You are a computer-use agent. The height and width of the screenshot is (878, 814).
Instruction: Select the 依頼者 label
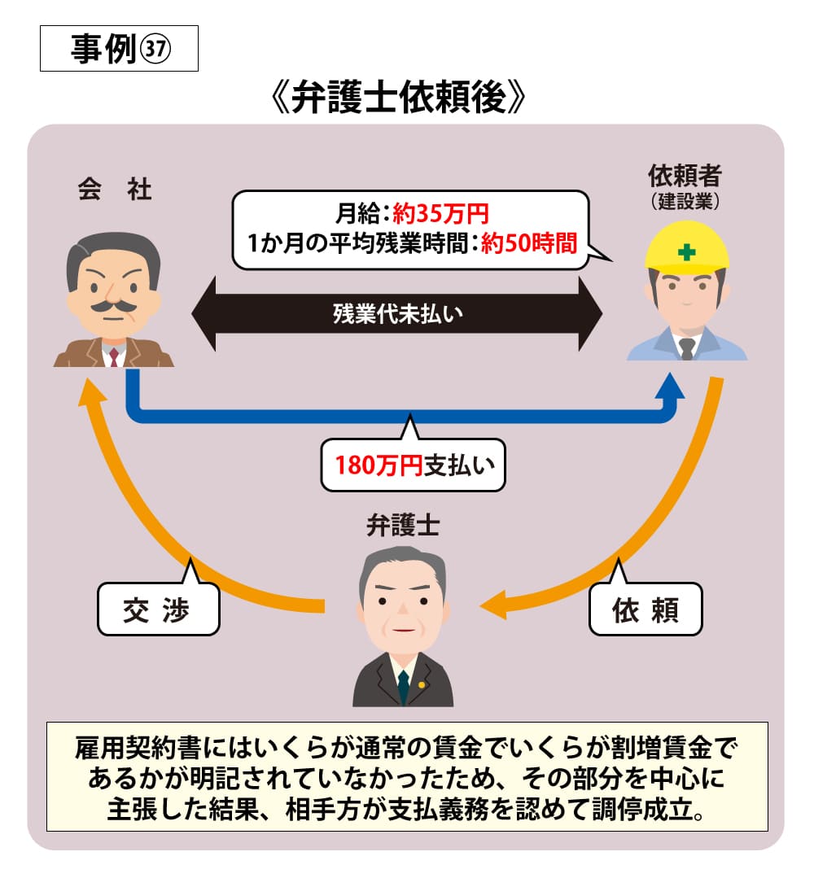click(x=685, y=175)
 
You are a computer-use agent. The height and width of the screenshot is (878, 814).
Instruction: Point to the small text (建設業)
click(x=685, y=200)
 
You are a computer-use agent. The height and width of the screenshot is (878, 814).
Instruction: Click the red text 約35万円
click(x=440, y=215)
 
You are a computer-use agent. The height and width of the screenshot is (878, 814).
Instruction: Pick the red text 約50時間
click(x=528, y=243)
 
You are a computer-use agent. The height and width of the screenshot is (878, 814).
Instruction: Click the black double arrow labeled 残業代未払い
click(x=396, y=313)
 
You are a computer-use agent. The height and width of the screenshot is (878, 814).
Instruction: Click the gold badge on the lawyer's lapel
click(x=422, y=684)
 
